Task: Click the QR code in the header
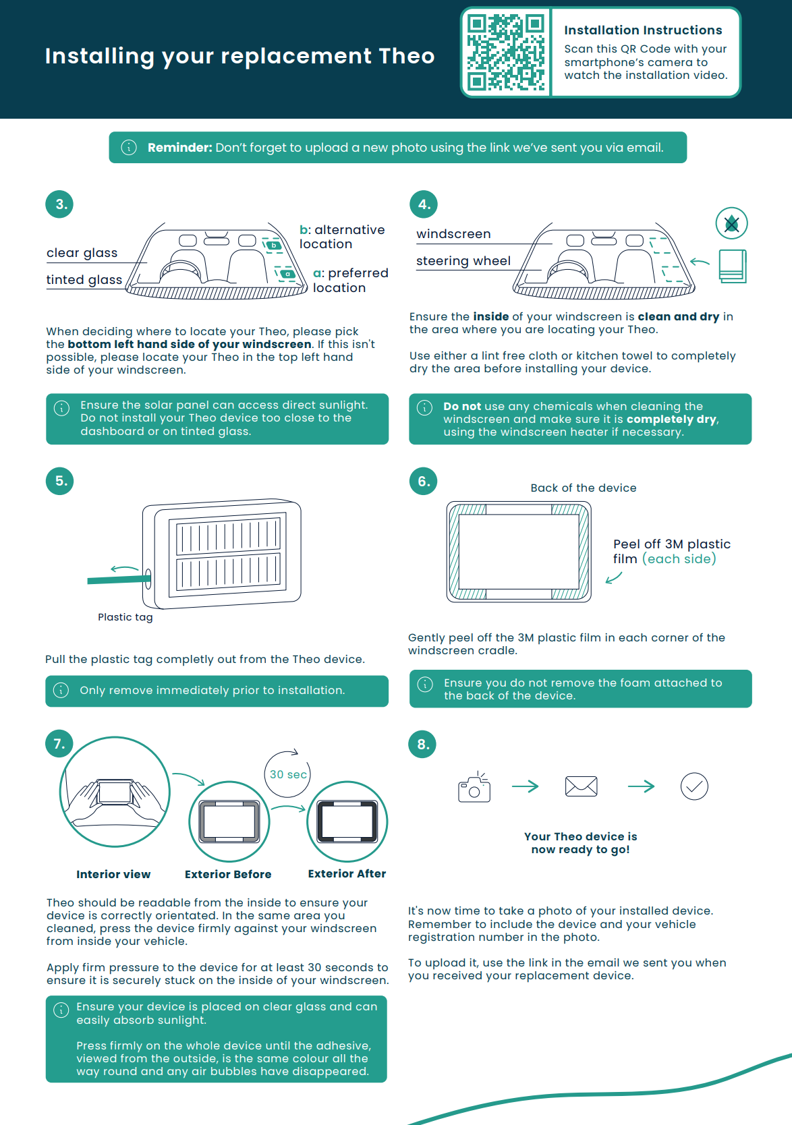click(x=506, y=53)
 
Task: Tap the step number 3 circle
click(x=59, y=204)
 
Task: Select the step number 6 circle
click(x=423, y=481)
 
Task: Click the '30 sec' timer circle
click(x=287, y=774)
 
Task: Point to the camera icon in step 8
click(x=474, y=787)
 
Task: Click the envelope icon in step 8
click(x=581, y=786)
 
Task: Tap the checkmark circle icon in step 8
click(x=694, y=786)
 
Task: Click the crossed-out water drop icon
click(x=731, y=223)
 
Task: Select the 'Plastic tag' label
click(x=125, y=617)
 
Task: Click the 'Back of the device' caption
click(x=583, y=488)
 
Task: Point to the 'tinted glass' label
click(x=84, y=280)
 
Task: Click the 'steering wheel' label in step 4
click(x=463, y=261)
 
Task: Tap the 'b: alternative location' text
click(x=342, y=237)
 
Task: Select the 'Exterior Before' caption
click(x=228, y=874)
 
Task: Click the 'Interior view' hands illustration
click(x=115, y=792)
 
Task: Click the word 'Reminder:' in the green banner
click(x=179, y=148)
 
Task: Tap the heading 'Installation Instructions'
click(x=643, y=30)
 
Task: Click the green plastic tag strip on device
click(x=119, y=579)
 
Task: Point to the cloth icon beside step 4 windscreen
click(x=732, y=266)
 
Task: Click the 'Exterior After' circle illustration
click(x=347, y=821)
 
